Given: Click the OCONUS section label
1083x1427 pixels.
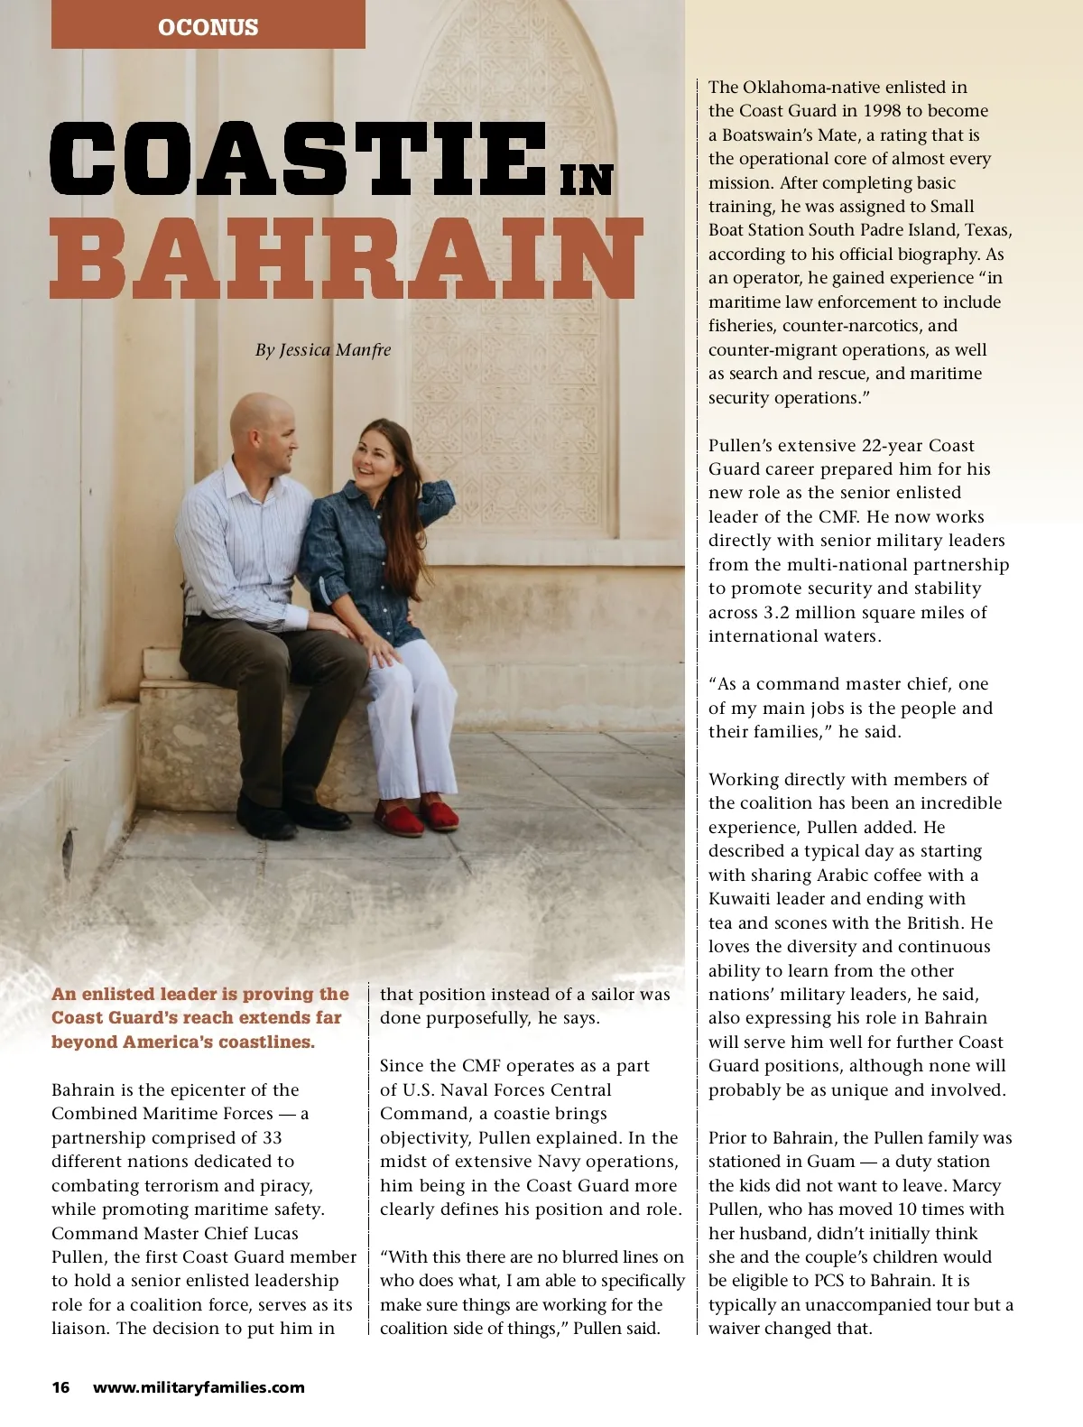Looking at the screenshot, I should (x=208, y=27).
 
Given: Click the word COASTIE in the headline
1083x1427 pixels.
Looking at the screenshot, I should (x=298, y=160).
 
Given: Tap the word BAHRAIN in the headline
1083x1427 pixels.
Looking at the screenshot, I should (x=346, y=259).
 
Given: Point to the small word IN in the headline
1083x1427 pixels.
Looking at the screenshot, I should (x=587, y=181).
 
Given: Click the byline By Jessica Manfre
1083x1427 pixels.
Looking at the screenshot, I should (x=323, y=350).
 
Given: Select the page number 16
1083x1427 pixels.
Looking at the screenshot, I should (x=60, y=1387).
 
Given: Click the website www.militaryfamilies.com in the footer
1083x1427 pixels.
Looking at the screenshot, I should (x=199, y=1387).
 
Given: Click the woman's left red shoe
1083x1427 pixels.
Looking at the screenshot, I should (x=401, y=819).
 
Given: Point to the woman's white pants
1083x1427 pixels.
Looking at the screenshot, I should (x=411, y=713).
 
